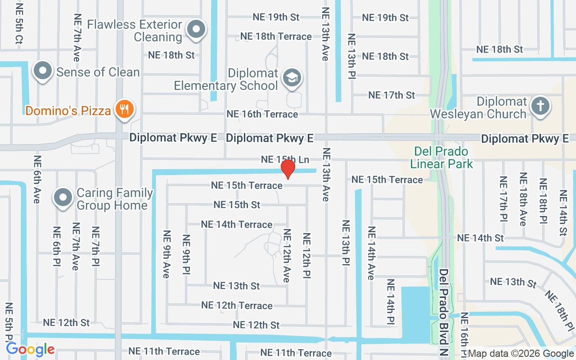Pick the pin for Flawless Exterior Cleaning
pos(196,30)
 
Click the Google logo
pos(30,349)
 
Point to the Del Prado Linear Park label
pos(441,157)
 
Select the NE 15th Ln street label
pos(285,159)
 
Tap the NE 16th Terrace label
pos(262,114)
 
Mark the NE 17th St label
pos(391,95)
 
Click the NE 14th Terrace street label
pos(236,224)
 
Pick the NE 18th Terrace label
pos(276,36)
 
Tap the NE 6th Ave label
pos(37,179)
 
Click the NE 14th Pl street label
pos(390,302)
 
